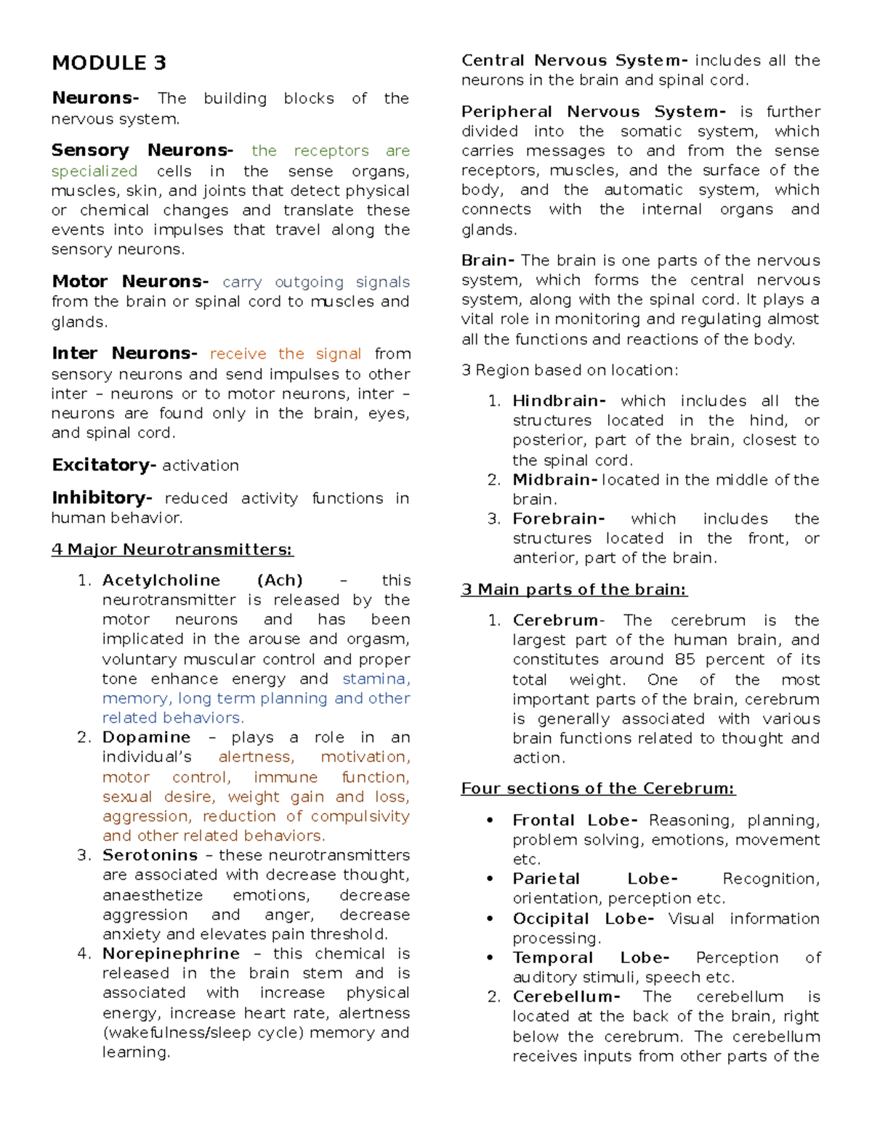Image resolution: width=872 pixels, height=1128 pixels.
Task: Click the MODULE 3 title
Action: point(109,63)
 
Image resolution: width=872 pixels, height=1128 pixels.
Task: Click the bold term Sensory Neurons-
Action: point(142,150)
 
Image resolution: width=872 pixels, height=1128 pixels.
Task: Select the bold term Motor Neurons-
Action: point(130,282)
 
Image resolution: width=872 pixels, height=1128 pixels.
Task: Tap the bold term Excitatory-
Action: point(104,465)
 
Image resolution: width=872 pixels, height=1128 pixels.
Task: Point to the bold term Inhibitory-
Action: point(102,498)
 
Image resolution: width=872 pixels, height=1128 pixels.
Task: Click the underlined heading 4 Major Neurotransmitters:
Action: point(172,550)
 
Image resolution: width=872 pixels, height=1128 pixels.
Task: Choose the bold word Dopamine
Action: point(146,737)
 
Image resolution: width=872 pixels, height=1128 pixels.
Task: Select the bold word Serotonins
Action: point(150,855)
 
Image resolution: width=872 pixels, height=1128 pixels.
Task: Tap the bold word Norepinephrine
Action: point(171,954)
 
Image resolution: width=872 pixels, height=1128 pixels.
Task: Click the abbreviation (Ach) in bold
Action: point(280,580)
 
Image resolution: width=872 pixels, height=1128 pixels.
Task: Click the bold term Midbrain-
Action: point(555,480)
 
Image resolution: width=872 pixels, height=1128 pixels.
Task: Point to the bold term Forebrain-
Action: point(558,519)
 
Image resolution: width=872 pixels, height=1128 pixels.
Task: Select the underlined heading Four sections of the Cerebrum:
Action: point(598,789)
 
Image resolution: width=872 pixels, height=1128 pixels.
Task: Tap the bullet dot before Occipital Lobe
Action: point(490,919)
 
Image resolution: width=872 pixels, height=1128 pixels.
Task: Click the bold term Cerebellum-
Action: point(566,997)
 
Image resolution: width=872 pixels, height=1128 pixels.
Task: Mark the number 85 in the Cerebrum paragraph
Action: point(685,660)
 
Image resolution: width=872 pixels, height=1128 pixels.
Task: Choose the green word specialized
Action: point(94,171)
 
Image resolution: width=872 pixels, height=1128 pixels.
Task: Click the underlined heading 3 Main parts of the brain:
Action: point(574,590)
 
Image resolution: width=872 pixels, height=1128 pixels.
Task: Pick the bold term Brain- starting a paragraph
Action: point(488,261)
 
